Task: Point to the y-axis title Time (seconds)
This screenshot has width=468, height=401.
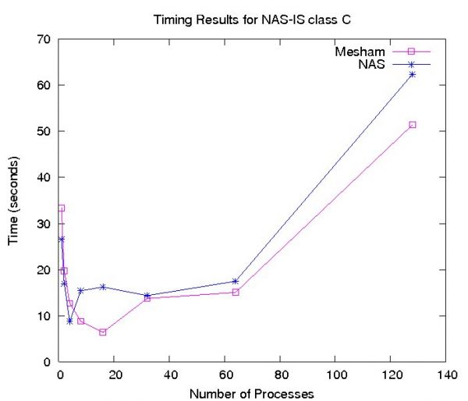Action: pos(13,200)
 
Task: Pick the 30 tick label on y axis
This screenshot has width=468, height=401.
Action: pos(44,224)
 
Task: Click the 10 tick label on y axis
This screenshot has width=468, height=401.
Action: pos(44,316)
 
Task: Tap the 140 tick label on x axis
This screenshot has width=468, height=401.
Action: pos(445,374)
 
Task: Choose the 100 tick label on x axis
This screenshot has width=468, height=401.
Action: pos(335,374)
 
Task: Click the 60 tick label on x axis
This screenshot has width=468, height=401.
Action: pos(225,374)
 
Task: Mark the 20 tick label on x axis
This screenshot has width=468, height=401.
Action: pos(115,374)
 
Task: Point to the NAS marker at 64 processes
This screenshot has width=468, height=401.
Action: pos(236,281)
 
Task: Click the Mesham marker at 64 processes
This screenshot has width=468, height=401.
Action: pos(236,292)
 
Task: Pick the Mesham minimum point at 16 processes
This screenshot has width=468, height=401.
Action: pos(103,332)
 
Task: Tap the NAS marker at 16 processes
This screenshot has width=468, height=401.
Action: pos(103,286)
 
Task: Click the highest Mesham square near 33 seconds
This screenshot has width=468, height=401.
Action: pos(62,208)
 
